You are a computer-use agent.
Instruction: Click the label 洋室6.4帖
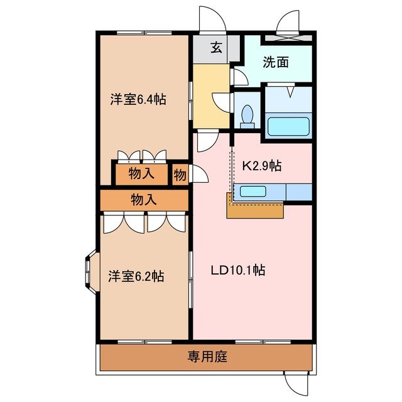[139, 99]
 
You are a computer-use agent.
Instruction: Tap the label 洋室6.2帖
[136, 276]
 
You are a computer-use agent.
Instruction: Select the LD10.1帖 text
[237, 271]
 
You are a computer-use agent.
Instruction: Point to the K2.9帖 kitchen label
[261, 166]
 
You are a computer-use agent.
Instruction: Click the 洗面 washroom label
[276, 63]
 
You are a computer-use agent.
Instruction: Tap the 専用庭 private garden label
[207, 358]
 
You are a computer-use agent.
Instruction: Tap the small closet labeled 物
[180, 175]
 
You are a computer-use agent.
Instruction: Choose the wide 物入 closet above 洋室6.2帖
[143, 200]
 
